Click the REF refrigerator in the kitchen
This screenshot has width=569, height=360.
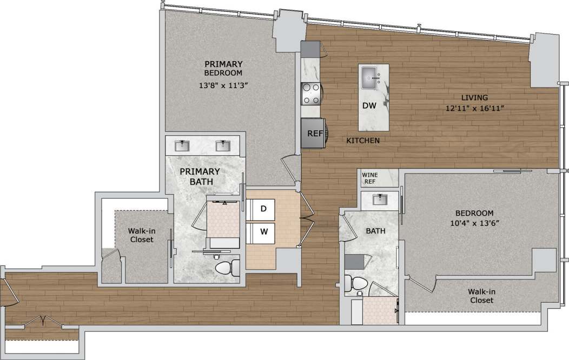coord(312,133)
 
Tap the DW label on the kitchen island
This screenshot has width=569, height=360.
coord(369,106)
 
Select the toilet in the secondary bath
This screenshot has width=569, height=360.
coord(356,283)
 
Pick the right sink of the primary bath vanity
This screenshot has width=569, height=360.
coord(222,145)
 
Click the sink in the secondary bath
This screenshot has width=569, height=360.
coord(380,199)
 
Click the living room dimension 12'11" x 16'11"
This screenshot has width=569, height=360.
coord(474,108)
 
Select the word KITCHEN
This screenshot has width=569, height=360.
coord(363,141)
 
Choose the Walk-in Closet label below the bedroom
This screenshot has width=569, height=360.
coord(481,296)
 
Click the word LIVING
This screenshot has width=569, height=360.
coord(474,98)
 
